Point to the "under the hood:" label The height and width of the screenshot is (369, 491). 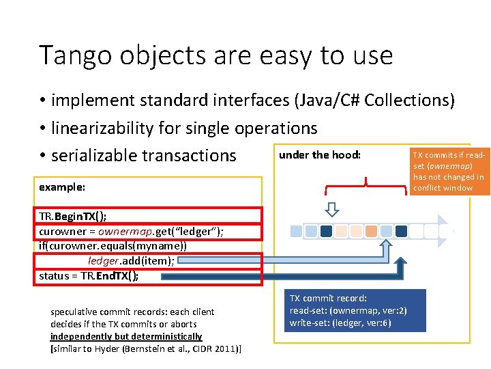click(x=319, y=154)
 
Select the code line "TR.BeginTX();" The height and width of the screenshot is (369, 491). click(x=73, y=218)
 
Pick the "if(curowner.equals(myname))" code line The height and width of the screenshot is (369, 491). click(x=113, y=246)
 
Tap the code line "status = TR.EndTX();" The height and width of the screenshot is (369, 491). click(x=89, y=275)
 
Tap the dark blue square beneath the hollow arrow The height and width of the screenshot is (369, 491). click(x=326, y=231)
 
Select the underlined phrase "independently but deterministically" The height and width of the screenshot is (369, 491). click(x=126, y=336)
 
